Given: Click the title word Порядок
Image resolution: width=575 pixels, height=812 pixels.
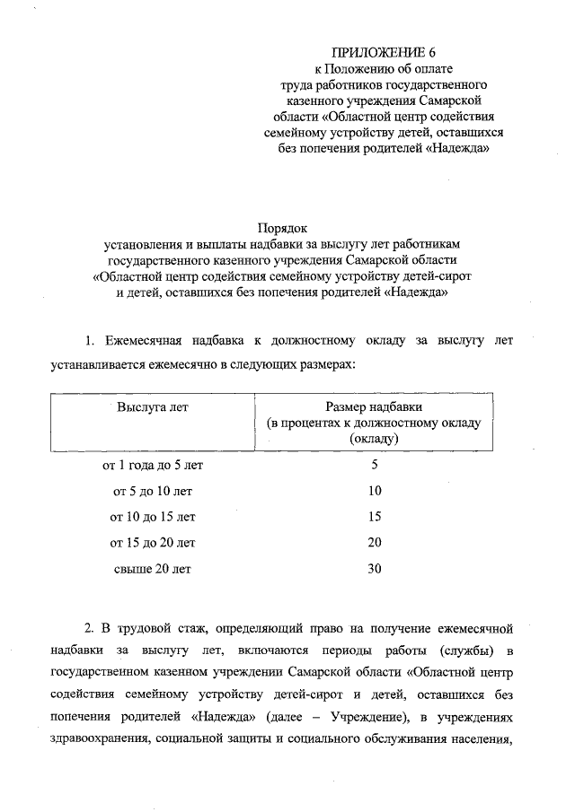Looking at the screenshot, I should click(x=284, y=229).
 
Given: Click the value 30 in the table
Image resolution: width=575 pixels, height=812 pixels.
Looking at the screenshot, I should click(x=375, y=569).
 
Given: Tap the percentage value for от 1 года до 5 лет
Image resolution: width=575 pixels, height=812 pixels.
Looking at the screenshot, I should click(x=375, y=465).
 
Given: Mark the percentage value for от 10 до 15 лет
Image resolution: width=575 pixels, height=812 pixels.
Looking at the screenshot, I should click(x=375, y=517).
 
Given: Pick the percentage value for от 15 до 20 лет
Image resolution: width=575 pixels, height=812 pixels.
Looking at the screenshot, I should click(x=375, y=543).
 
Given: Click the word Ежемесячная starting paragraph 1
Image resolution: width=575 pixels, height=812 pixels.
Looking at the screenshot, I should click(x=144, y=341).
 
